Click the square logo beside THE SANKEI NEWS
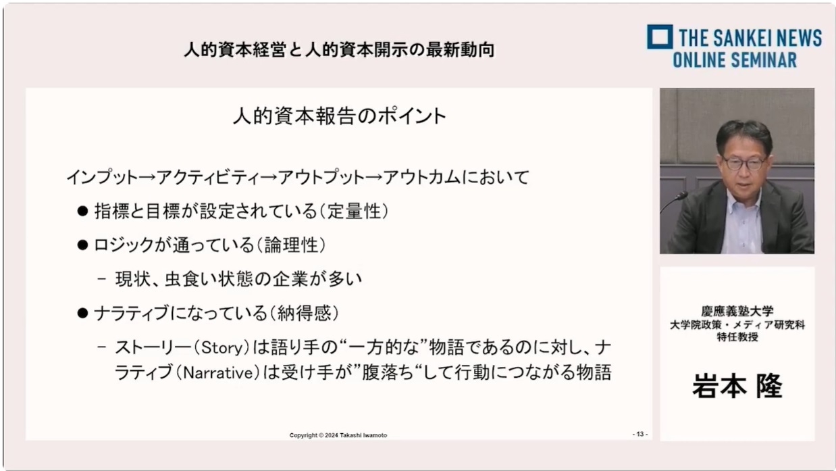[x=660, y=37]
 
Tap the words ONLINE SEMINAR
[x=735, y=60]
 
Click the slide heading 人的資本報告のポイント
[x=340, y=116]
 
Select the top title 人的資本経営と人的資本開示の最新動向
[x=339, y=50]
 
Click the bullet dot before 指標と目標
[x=82, y=211]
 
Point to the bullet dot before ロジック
[x=82, y=245]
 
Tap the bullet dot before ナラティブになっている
[x=82, y=313]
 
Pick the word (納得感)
[x=305, y=313]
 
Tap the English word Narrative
[x=218, y=373]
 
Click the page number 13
[x=640, y=434]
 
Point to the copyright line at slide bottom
[x=338, y=435]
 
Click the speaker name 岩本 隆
[x=737, y=386]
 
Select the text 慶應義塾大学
[x=737, y=311]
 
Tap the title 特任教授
[x=737, y=337]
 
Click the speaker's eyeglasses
[x=743, y=164]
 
